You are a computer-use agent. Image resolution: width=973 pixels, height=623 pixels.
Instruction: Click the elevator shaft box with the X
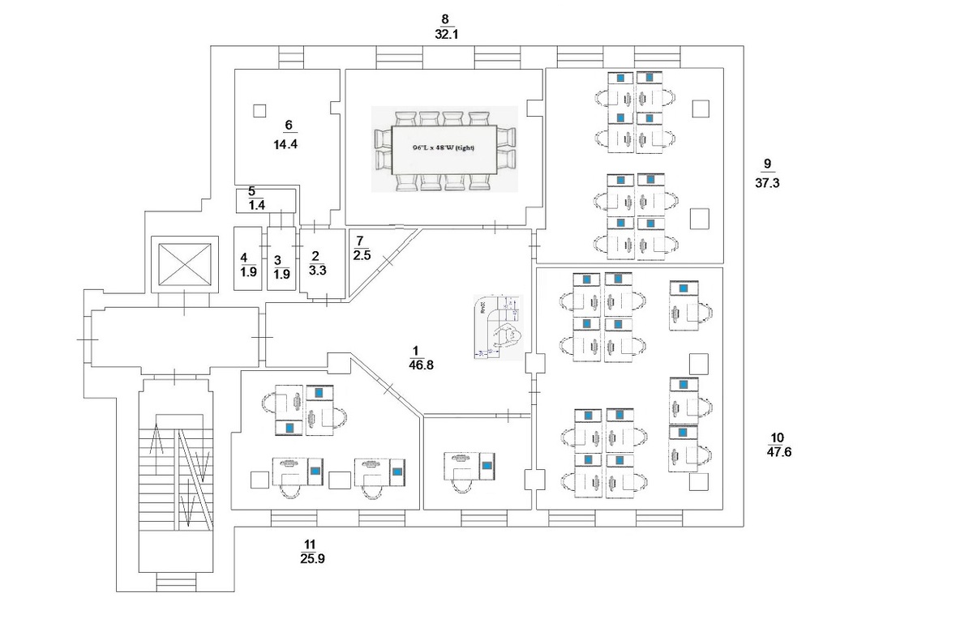185,265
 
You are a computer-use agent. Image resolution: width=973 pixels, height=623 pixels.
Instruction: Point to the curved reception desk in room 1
498,326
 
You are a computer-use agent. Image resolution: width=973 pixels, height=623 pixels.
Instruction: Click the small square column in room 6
259,111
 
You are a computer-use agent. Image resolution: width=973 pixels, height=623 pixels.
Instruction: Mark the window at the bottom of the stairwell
176,581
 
